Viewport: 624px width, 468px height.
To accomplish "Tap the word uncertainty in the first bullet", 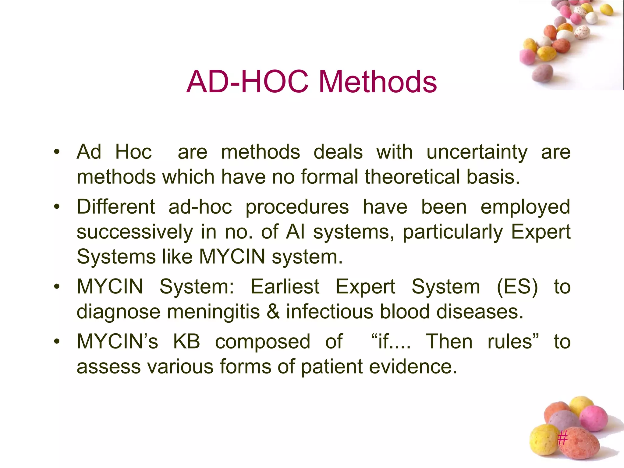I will click(x=477, y=152).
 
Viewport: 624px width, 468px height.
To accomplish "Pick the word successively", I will click(x=135, y=232).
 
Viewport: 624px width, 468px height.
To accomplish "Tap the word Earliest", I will click(x=285, y=287).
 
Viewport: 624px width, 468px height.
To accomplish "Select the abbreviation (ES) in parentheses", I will click(x=517, y=287).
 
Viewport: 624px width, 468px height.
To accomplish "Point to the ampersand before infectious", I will click(x=273, y=312).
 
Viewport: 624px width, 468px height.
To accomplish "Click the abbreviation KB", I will click(x=186, y=342).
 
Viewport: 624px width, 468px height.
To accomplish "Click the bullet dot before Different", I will click(x=57, y=207).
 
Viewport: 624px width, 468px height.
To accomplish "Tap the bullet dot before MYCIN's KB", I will click(x=57, y=342).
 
